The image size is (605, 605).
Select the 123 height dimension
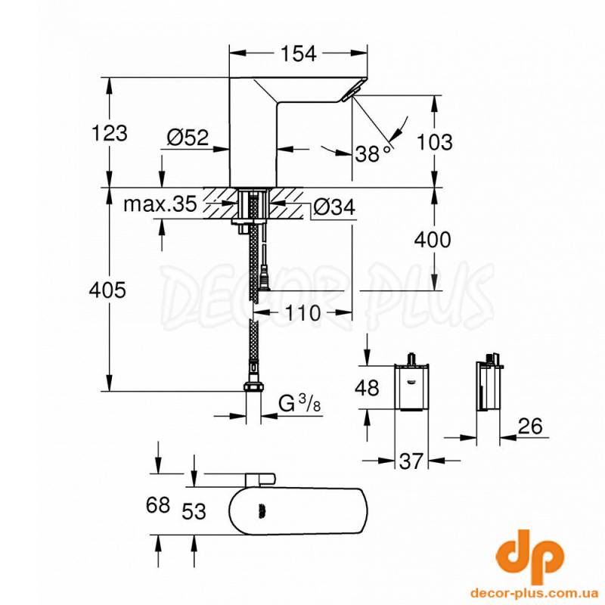click(x=110, y=133)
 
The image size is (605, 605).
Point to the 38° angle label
click(x=373, y=154)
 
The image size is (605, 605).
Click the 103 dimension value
click(x=434, y=141)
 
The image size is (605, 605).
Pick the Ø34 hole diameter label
click(x=334, y=206)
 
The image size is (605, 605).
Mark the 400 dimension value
click(x=433, y=240)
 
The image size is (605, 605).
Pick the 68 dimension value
click(x=159, y=506)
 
